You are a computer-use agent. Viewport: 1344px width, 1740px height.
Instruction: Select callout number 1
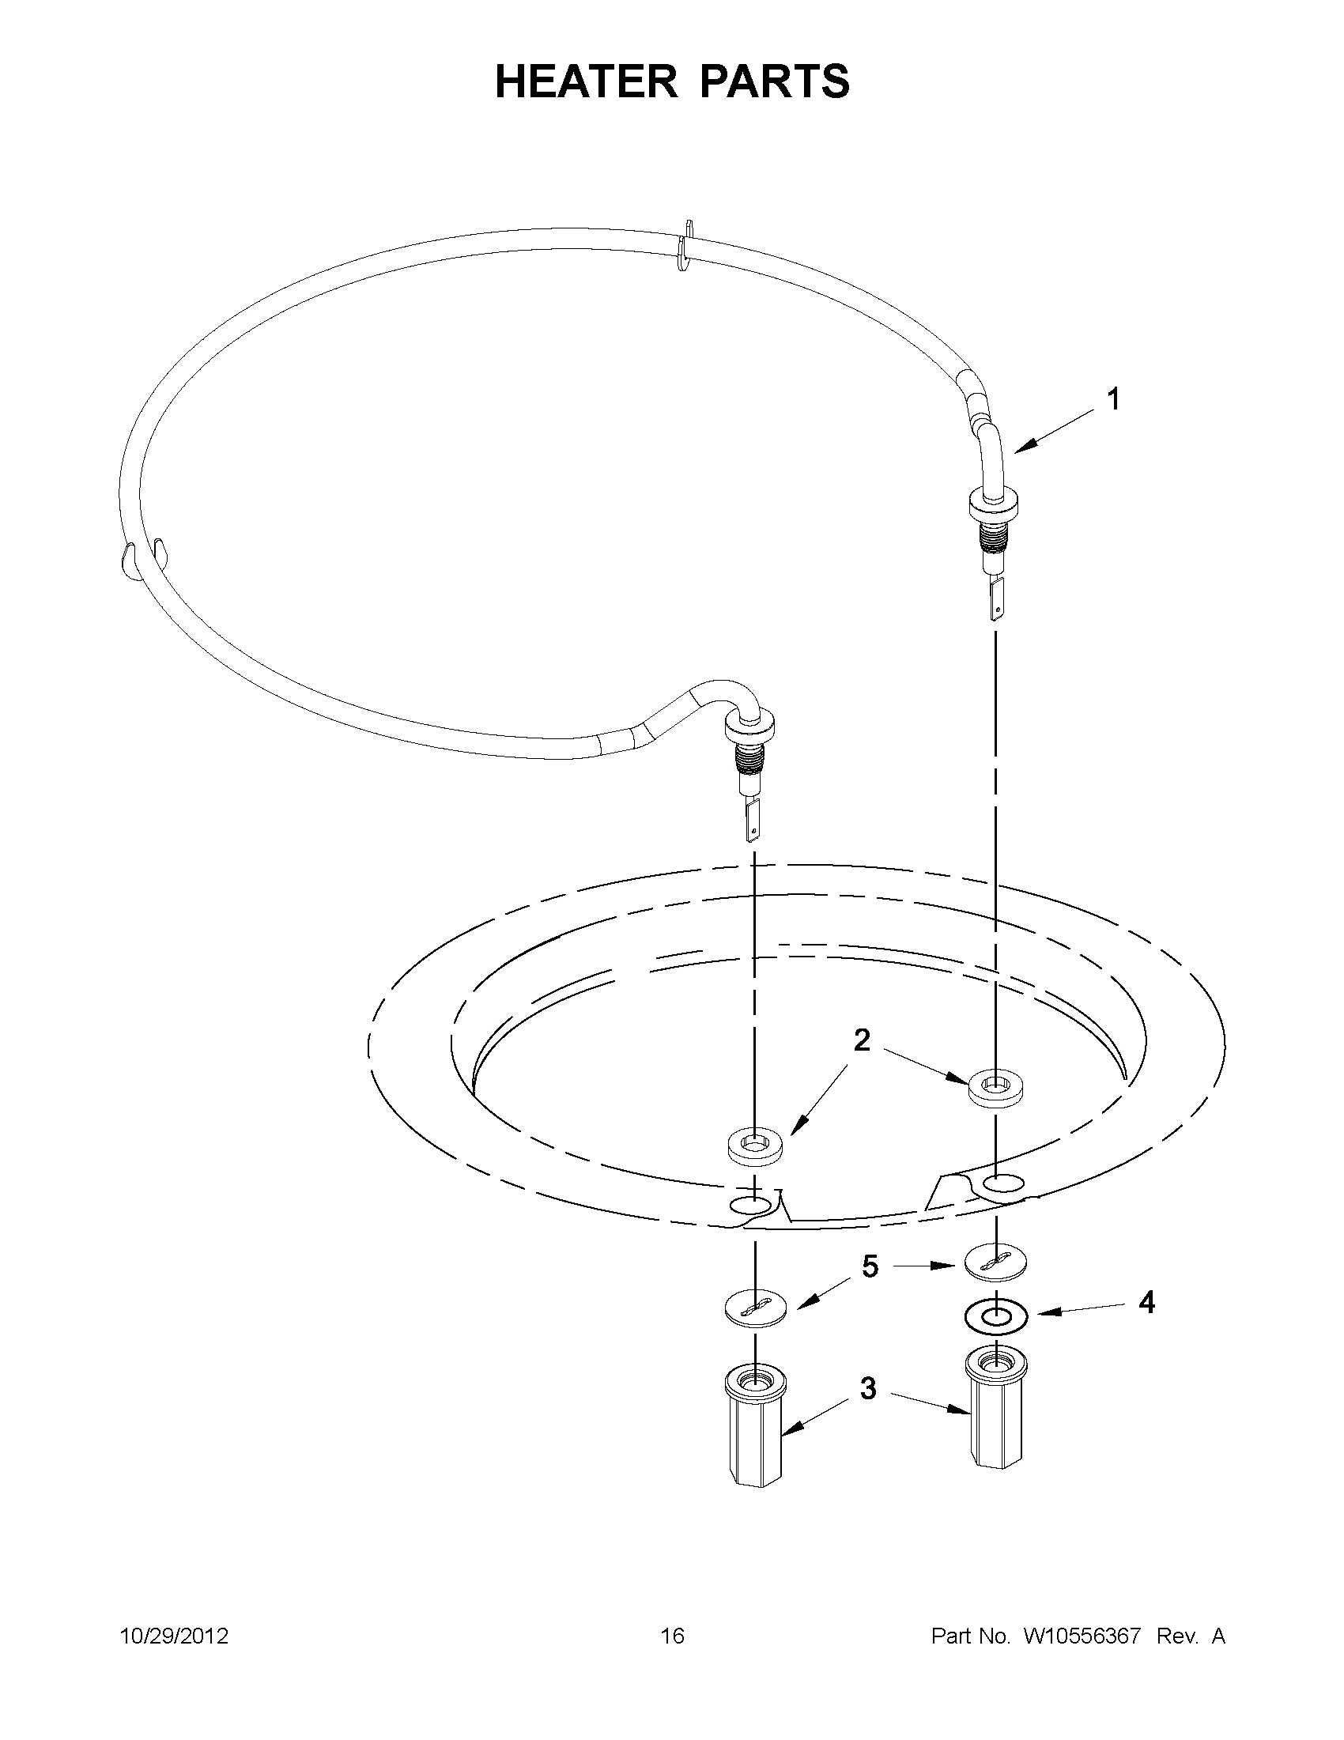coord(1114,399)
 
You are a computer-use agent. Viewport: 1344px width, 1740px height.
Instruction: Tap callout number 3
coord(868,1388)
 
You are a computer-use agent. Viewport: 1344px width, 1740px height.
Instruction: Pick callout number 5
coord(870,1266)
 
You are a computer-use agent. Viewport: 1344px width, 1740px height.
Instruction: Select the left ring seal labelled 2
coord(754,1148)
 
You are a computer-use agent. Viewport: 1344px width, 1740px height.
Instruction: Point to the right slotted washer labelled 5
coord(996,1261)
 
